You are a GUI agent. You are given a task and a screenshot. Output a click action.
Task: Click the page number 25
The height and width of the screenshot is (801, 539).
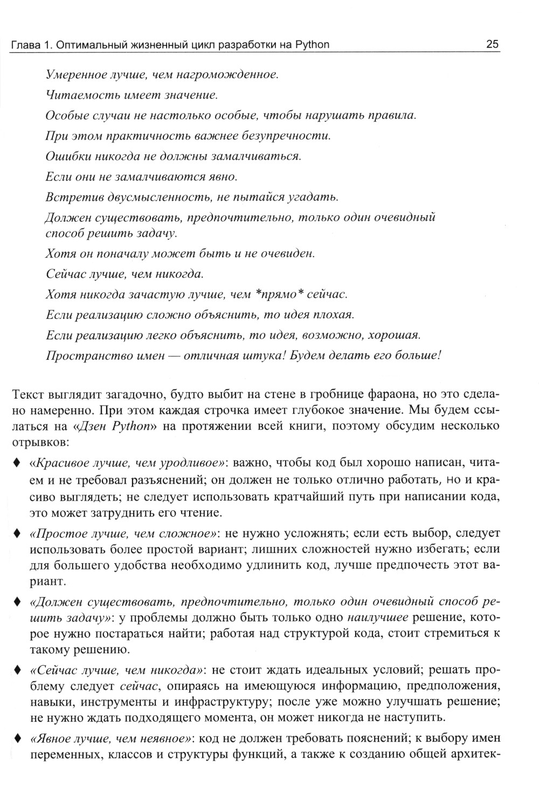492,44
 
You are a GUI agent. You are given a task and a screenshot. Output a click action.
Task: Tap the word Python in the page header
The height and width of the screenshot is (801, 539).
312,44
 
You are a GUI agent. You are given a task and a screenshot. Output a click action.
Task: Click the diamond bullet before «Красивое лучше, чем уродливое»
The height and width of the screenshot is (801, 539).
17,463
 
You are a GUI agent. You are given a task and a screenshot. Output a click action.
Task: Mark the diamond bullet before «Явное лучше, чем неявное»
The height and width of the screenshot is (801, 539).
17,738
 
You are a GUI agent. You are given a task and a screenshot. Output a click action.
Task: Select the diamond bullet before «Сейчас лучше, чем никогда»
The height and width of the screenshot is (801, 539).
17,670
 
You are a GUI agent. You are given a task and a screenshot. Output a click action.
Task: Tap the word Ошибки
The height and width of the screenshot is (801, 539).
65,156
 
